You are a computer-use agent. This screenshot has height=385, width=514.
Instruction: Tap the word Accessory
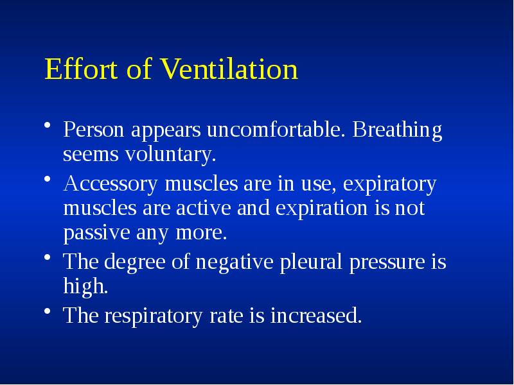(112, 184)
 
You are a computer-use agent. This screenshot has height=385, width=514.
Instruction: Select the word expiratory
(389, 185)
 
